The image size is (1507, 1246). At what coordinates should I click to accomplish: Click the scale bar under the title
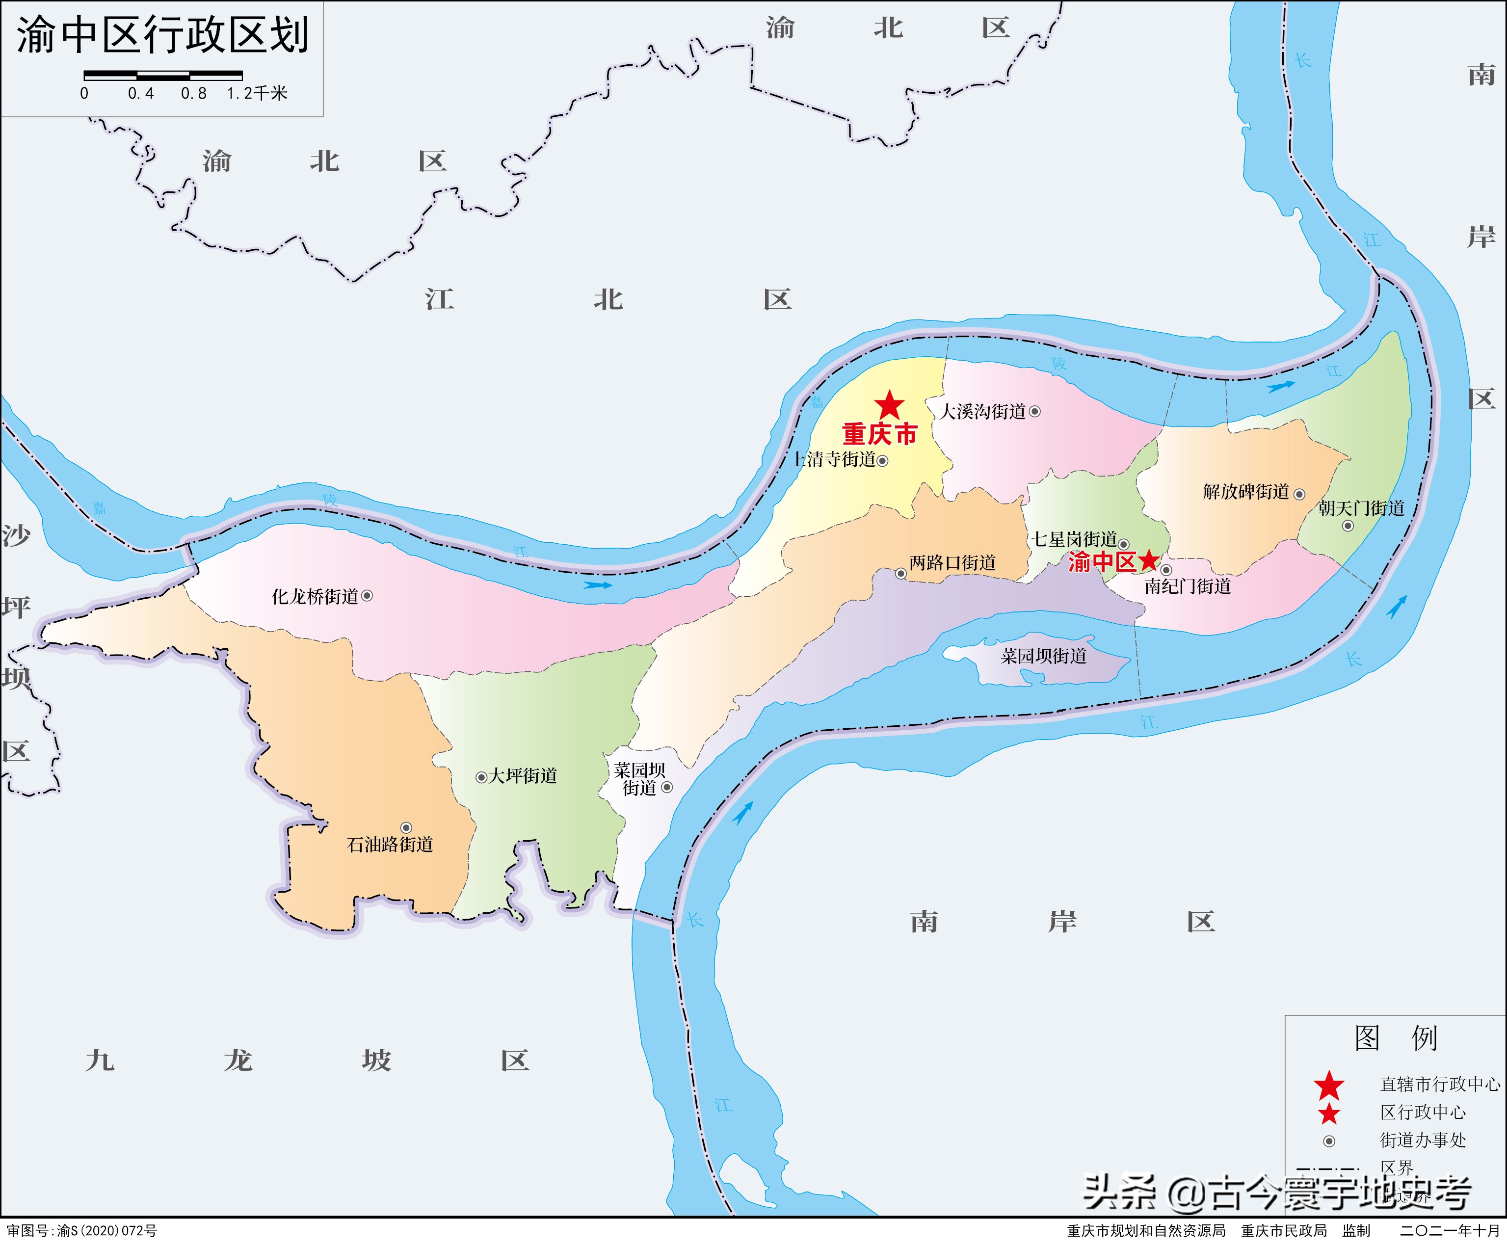tap(163, 75)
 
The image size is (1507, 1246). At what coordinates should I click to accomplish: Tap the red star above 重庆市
tap(889, 405)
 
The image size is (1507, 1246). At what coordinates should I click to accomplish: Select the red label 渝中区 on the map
tap(1102, 562)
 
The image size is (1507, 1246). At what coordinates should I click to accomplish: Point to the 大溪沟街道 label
tap(982, 412)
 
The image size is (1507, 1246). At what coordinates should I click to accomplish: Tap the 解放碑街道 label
tap(1246, 492)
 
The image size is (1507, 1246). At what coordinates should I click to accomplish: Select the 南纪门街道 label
tap(1188, 586)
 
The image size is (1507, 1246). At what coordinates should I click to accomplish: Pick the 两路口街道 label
tap(952, 563)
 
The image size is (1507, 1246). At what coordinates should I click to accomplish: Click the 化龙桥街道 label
tap(315, 596)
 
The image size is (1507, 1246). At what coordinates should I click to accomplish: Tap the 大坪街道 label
tap(523, 776)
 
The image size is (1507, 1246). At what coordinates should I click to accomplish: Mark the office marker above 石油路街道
tap(406, 827)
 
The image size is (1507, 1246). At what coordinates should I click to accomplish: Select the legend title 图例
tap(1396, 1038)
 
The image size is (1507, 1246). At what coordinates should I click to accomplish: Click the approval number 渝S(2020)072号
tap(82, 1231)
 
